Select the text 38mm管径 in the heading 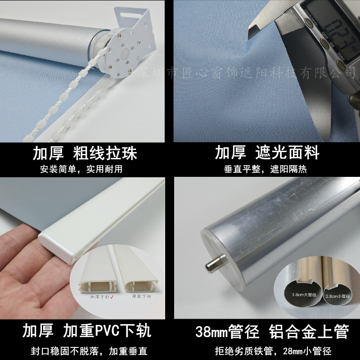pyautogui.click(x=227, y=332)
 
